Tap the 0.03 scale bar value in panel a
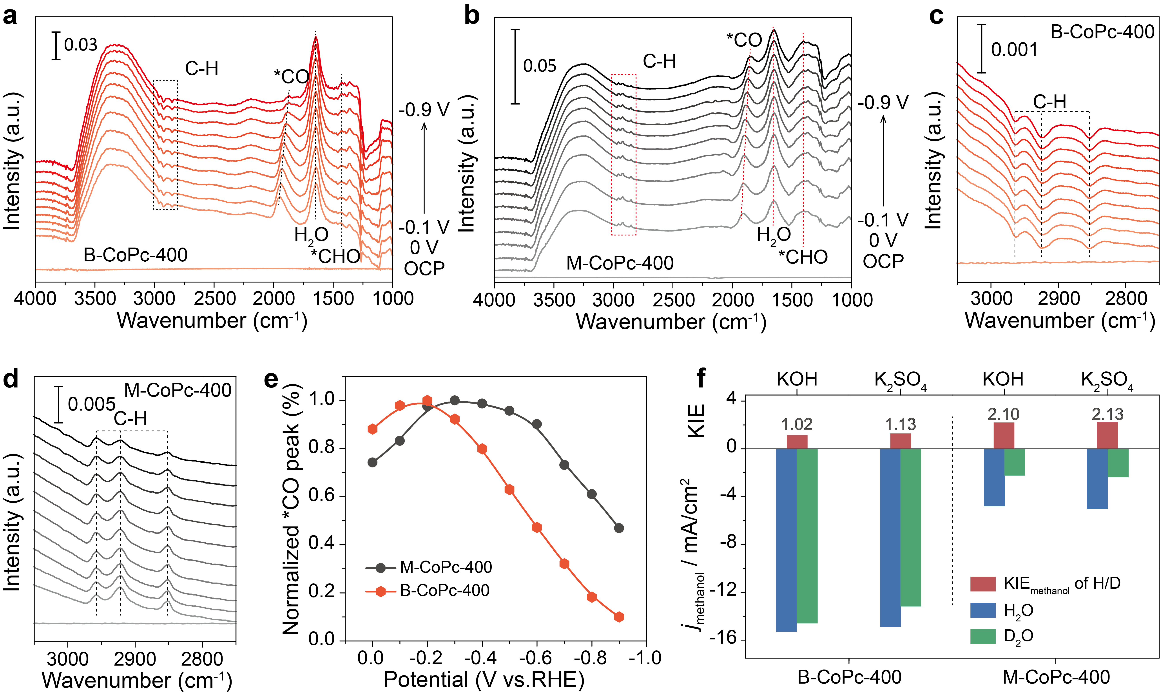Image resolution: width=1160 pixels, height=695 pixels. (x=81, y=45)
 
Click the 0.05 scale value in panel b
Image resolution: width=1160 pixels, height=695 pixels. (x=540, y=66)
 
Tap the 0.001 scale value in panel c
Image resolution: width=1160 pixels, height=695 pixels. (x=1014, y=50)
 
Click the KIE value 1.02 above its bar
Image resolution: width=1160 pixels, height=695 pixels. (x=797, y=424)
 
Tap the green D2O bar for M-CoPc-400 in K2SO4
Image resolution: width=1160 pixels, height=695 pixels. (x=1118, y=463)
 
